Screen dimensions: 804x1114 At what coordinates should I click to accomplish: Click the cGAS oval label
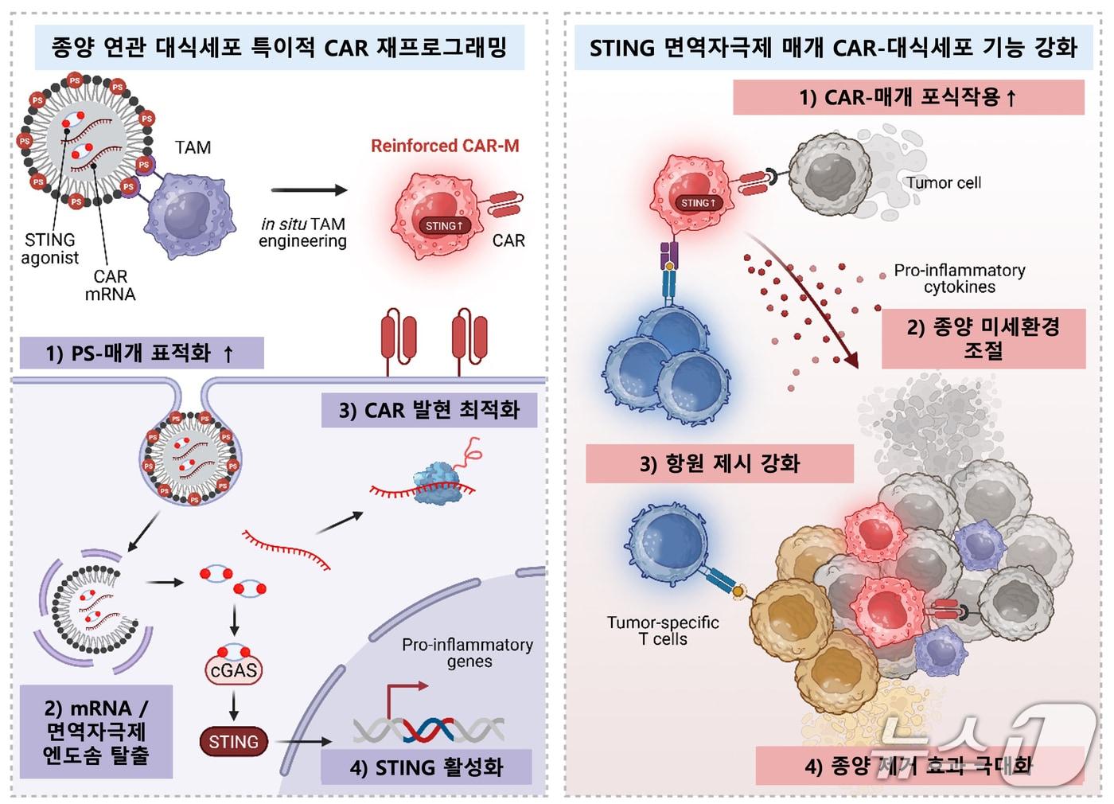233,670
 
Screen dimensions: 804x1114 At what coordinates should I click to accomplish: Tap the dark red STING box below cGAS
233,742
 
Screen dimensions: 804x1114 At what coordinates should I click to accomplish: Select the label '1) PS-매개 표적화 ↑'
140,353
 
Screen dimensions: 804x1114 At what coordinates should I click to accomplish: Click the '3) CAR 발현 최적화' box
429,411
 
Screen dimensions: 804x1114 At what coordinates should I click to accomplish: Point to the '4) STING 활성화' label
427,767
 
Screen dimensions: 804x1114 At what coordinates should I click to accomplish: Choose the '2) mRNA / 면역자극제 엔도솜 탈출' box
96,732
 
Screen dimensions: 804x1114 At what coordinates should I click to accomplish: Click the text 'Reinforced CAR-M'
445,146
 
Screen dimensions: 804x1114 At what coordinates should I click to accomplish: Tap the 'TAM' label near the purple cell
193,147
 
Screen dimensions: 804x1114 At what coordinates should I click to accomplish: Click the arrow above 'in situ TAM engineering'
309,190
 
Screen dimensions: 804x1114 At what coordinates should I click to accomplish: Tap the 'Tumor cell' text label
943,183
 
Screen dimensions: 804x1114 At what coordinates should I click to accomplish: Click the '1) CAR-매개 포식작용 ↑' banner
908,98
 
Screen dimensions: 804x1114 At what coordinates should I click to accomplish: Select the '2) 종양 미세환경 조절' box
984,338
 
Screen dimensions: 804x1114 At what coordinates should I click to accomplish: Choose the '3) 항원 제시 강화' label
719,464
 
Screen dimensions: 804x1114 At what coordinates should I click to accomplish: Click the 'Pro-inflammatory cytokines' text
959,279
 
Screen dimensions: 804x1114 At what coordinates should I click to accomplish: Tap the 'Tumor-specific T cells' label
663,630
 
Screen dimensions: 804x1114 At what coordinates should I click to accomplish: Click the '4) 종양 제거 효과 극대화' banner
919,767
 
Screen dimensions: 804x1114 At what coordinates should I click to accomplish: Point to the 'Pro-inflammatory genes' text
468,653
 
